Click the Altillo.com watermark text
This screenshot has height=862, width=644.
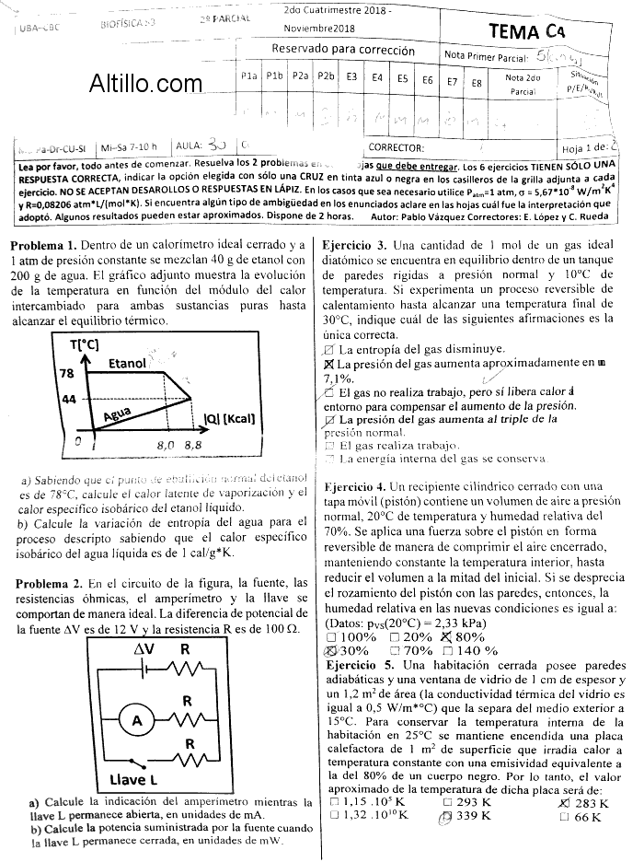(145, 85)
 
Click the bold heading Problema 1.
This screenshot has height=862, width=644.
(43, 245)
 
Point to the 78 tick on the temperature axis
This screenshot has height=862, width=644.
(65, 373)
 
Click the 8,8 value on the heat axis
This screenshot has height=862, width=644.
(192, 445)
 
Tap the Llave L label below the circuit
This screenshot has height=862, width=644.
(134, 779)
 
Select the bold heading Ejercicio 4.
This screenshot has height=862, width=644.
(353, 485)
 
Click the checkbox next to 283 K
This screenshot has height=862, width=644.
(564, 802)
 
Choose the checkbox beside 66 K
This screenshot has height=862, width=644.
(564, 816)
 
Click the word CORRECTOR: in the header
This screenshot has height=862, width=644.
(396, 146)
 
